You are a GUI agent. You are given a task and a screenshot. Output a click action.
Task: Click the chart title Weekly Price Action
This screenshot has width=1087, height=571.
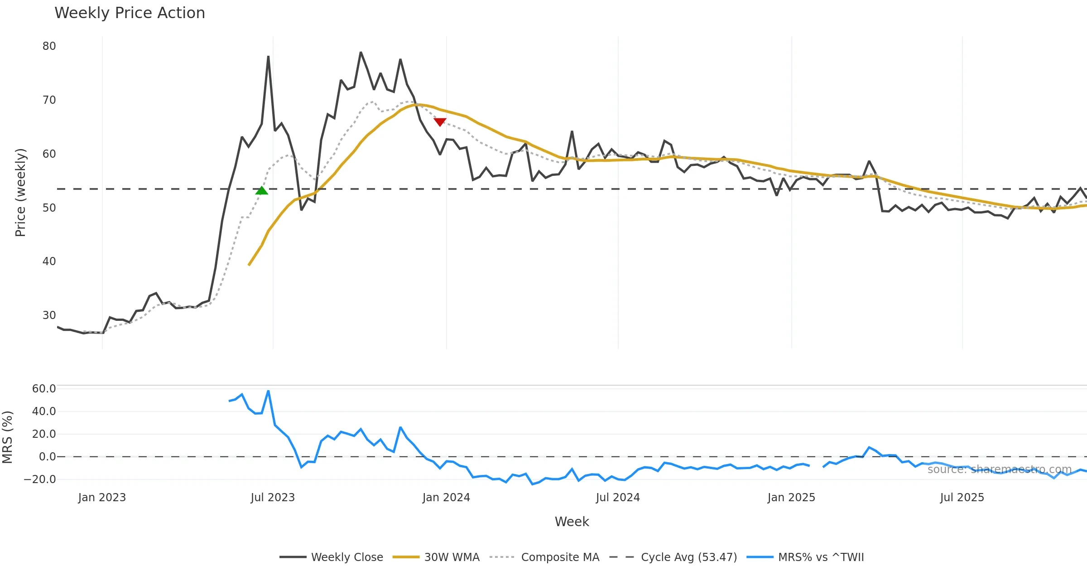coord(130,13)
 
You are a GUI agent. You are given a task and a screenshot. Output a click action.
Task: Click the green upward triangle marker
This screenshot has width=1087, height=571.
coord(261,191)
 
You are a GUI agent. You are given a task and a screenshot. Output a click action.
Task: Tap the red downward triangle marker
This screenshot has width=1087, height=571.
coord(440,121)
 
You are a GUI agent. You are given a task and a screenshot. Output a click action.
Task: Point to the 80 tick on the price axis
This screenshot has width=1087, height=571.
coord(49,46)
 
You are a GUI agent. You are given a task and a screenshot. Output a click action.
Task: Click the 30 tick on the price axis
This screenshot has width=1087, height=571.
coord(49,315)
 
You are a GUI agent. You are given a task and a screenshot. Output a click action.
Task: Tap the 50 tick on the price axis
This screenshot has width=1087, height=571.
coord(49,208)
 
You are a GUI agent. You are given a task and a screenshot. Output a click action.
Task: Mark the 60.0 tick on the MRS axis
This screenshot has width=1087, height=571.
coord(44,389)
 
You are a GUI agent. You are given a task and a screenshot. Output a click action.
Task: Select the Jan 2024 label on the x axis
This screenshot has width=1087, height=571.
coord(446,498)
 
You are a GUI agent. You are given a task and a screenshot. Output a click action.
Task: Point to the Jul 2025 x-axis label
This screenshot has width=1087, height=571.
coord(962,498)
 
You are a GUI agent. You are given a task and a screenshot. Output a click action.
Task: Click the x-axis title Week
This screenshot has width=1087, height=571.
coord(572,522)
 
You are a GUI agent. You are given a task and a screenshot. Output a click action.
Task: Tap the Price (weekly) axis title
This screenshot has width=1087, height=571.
coord(20,193)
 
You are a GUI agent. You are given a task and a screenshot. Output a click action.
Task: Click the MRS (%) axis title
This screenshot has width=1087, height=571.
coord(7,437)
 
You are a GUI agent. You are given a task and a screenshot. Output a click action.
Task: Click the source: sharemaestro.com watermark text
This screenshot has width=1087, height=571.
coord(999,469)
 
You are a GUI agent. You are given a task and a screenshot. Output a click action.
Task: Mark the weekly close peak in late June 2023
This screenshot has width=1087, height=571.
coord(268,57)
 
